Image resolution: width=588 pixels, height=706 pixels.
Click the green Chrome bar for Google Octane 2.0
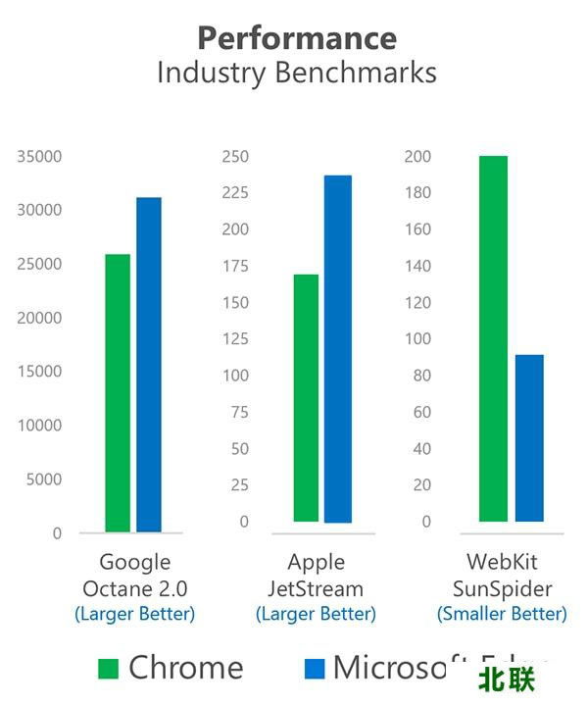point(118,392)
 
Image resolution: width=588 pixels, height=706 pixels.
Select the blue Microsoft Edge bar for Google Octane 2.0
point(149,365)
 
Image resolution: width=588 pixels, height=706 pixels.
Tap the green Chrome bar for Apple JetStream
point(306,397)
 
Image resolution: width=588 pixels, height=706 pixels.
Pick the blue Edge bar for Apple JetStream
point(338,348)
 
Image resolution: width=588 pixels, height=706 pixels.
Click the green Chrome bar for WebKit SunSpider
point(493,338)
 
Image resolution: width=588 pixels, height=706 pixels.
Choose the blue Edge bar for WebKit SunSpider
point(529,437)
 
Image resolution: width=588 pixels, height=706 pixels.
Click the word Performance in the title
point(297,38)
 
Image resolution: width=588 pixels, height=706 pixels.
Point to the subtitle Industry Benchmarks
point(297,74)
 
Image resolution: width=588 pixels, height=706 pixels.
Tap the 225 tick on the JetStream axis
point(235,192)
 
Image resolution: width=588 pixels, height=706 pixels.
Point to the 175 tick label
point(235,266)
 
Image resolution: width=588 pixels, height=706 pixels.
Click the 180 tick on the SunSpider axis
point(418,193)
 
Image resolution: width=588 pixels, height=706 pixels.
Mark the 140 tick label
point(418,266)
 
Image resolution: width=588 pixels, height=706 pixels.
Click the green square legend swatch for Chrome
point(109,669)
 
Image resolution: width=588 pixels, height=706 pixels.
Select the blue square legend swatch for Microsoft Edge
point(314,669)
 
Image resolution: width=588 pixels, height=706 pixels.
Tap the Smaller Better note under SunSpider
point(502,614)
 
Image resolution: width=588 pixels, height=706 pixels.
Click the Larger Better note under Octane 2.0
point(135,614)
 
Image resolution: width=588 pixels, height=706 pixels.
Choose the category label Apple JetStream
point(316,576)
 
